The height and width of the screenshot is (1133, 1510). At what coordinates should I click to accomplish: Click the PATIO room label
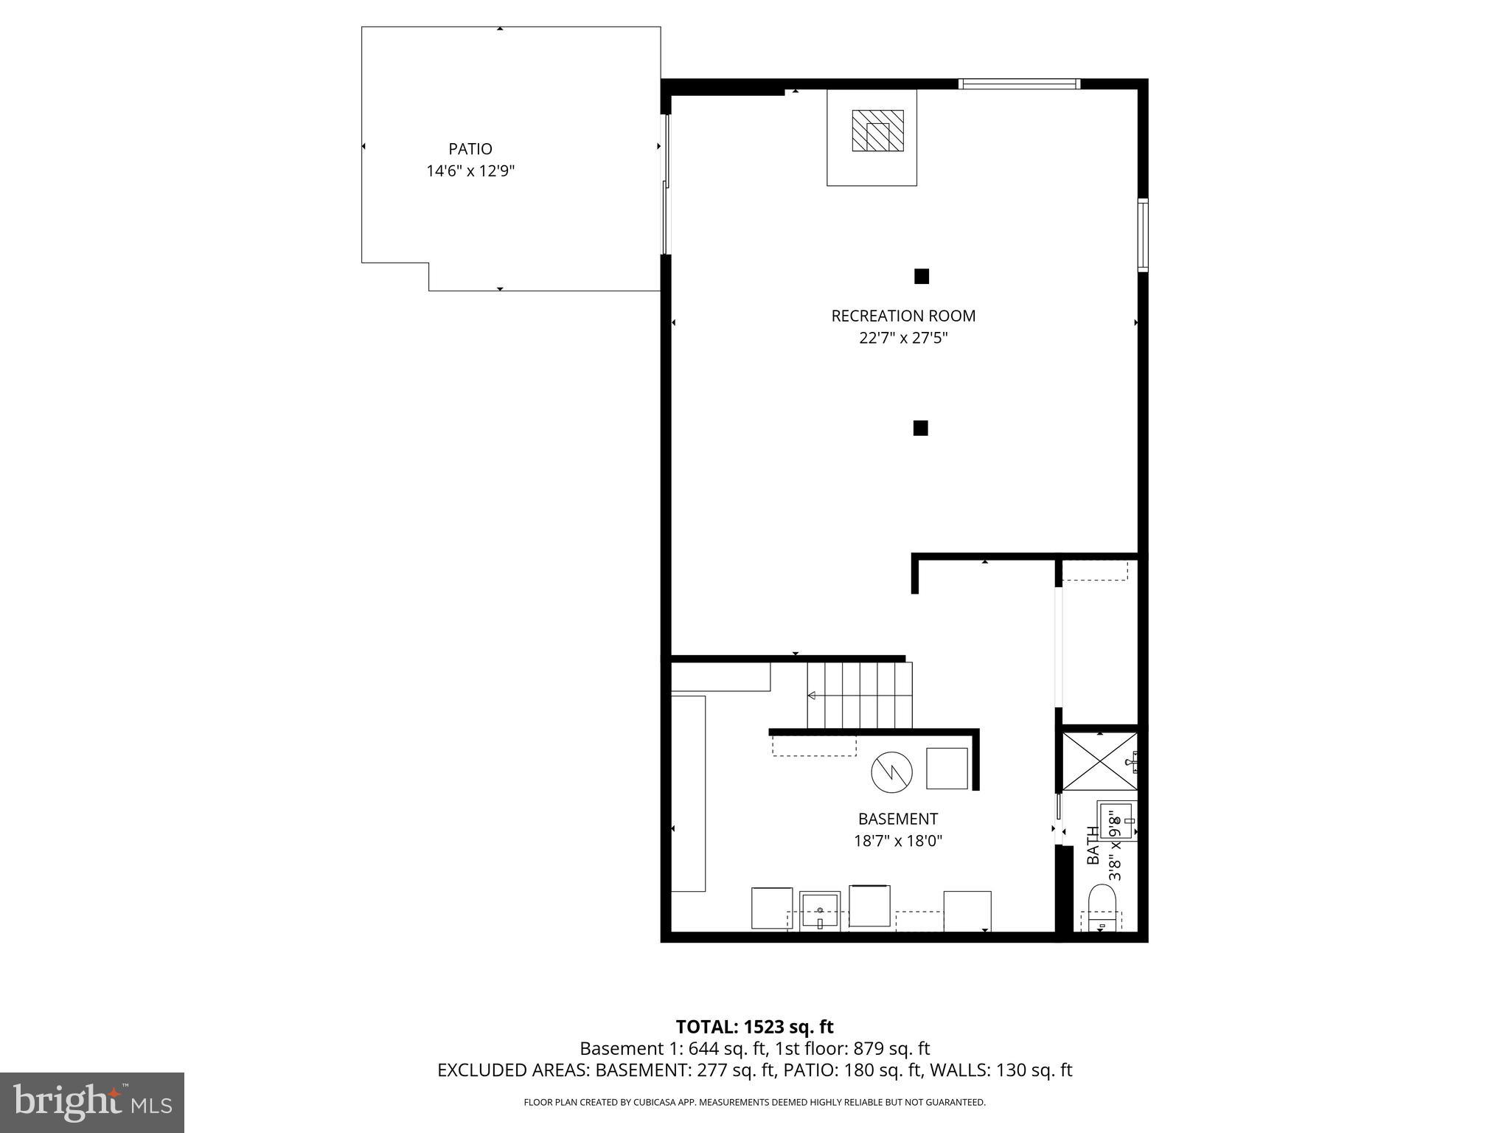pos(470,149)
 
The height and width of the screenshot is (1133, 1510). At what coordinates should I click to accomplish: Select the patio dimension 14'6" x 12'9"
pos(470,171)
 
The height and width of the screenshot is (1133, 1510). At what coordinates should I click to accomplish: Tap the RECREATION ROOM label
pos(903,316)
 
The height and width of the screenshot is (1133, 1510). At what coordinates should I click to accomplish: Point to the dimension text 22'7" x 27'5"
pos(903,339)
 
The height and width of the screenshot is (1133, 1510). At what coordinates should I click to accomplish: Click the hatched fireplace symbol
pos(877,131)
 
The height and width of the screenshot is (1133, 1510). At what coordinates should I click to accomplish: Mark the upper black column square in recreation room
pos(922,277)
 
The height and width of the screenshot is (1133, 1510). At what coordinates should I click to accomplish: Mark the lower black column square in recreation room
pos(920,428)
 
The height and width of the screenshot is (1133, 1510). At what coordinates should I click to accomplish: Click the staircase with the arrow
pos(860,695)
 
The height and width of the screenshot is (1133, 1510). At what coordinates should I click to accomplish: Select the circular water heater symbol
pos(891,772)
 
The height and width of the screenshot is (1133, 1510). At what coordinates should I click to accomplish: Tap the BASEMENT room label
pos(898,819)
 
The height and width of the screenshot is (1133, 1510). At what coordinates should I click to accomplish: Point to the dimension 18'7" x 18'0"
pos(898,841)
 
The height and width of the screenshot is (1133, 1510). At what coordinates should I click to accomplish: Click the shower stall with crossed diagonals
pos(1099,763)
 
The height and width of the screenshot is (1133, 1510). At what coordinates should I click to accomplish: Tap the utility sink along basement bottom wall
pos(820,912)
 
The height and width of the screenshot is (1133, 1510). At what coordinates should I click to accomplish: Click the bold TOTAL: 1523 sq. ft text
pos(754,1027)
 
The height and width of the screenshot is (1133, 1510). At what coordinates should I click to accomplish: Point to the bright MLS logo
pos(92,1102)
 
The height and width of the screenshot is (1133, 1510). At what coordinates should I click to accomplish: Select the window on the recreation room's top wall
pos(1019,84)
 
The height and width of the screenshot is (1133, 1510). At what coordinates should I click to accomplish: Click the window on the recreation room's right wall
pos(1143,235)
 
